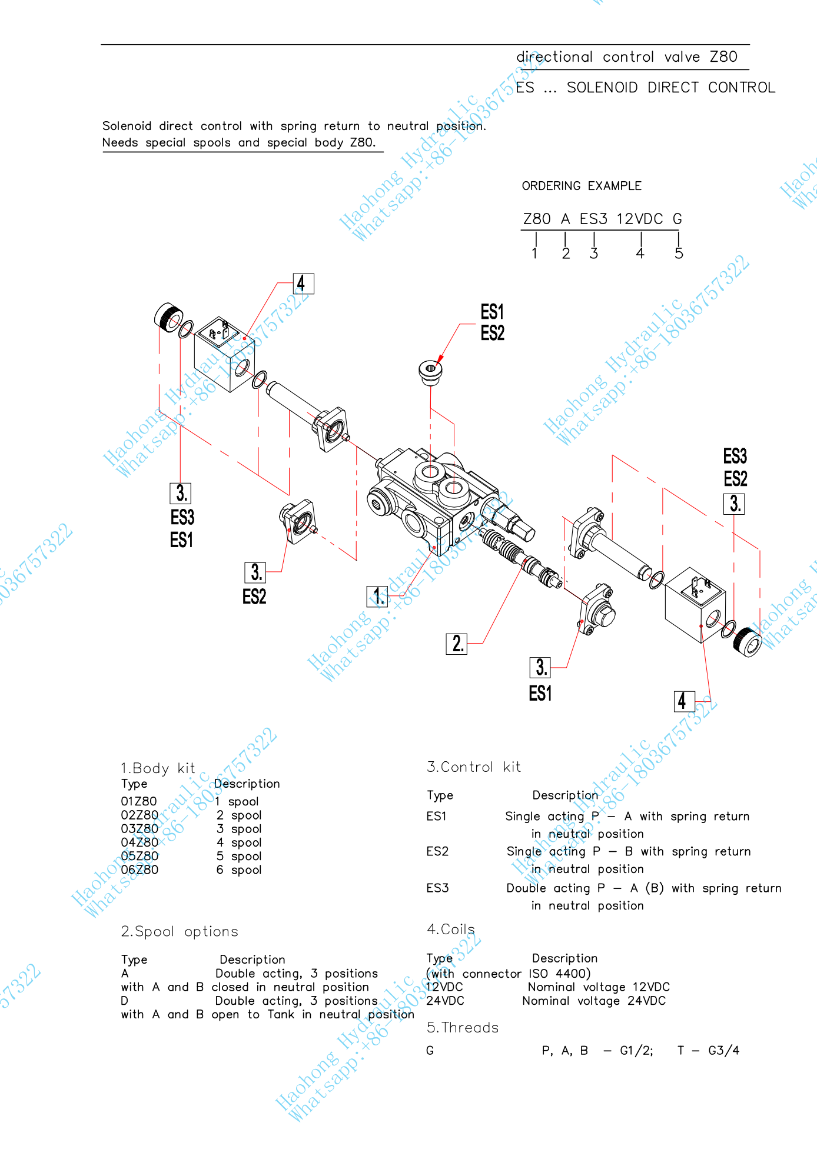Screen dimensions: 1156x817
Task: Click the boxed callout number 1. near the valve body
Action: click(377, 596)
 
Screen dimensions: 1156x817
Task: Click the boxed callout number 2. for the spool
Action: click(456, 644)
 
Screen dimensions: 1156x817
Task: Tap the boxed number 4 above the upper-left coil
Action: click(303, 284)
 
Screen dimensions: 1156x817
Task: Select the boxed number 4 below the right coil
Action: click(684, 701)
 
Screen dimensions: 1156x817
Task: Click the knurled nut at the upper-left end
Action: click(168, 317)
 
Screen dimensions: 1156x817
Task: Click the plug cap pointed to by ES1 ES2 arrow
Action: click(430, 372)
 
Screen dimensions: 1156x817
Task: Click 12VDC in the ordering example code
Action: click(639, 219)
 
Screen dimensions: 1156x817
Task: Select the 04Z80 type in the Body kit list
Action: click(140, 842)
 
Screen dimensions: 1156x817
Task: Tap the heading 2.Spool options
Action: click(180, 931)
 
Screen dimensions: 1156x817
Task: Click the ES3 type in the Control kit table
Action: click(437, 888)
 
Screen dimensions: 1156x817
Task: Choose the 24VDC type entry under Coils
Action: click(445, 1001)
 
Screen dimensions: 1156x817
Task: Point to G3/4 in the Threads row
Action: click(723, 1050)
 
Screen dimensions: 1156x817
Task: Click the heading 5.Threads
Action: click(463, 1027)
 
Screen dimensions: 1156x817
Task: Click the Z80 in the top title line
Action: click(723, 57)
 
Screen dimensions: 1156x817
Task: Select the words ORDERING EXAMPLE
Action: click(582, 186)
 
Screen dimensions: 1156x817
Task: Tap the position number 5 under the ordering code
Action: click(679, 254)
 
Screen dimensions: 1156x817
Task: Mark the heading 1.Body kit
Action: click(158, 768)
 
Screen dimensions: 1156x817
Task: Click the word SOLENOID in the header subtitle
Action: click(602, 88)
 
